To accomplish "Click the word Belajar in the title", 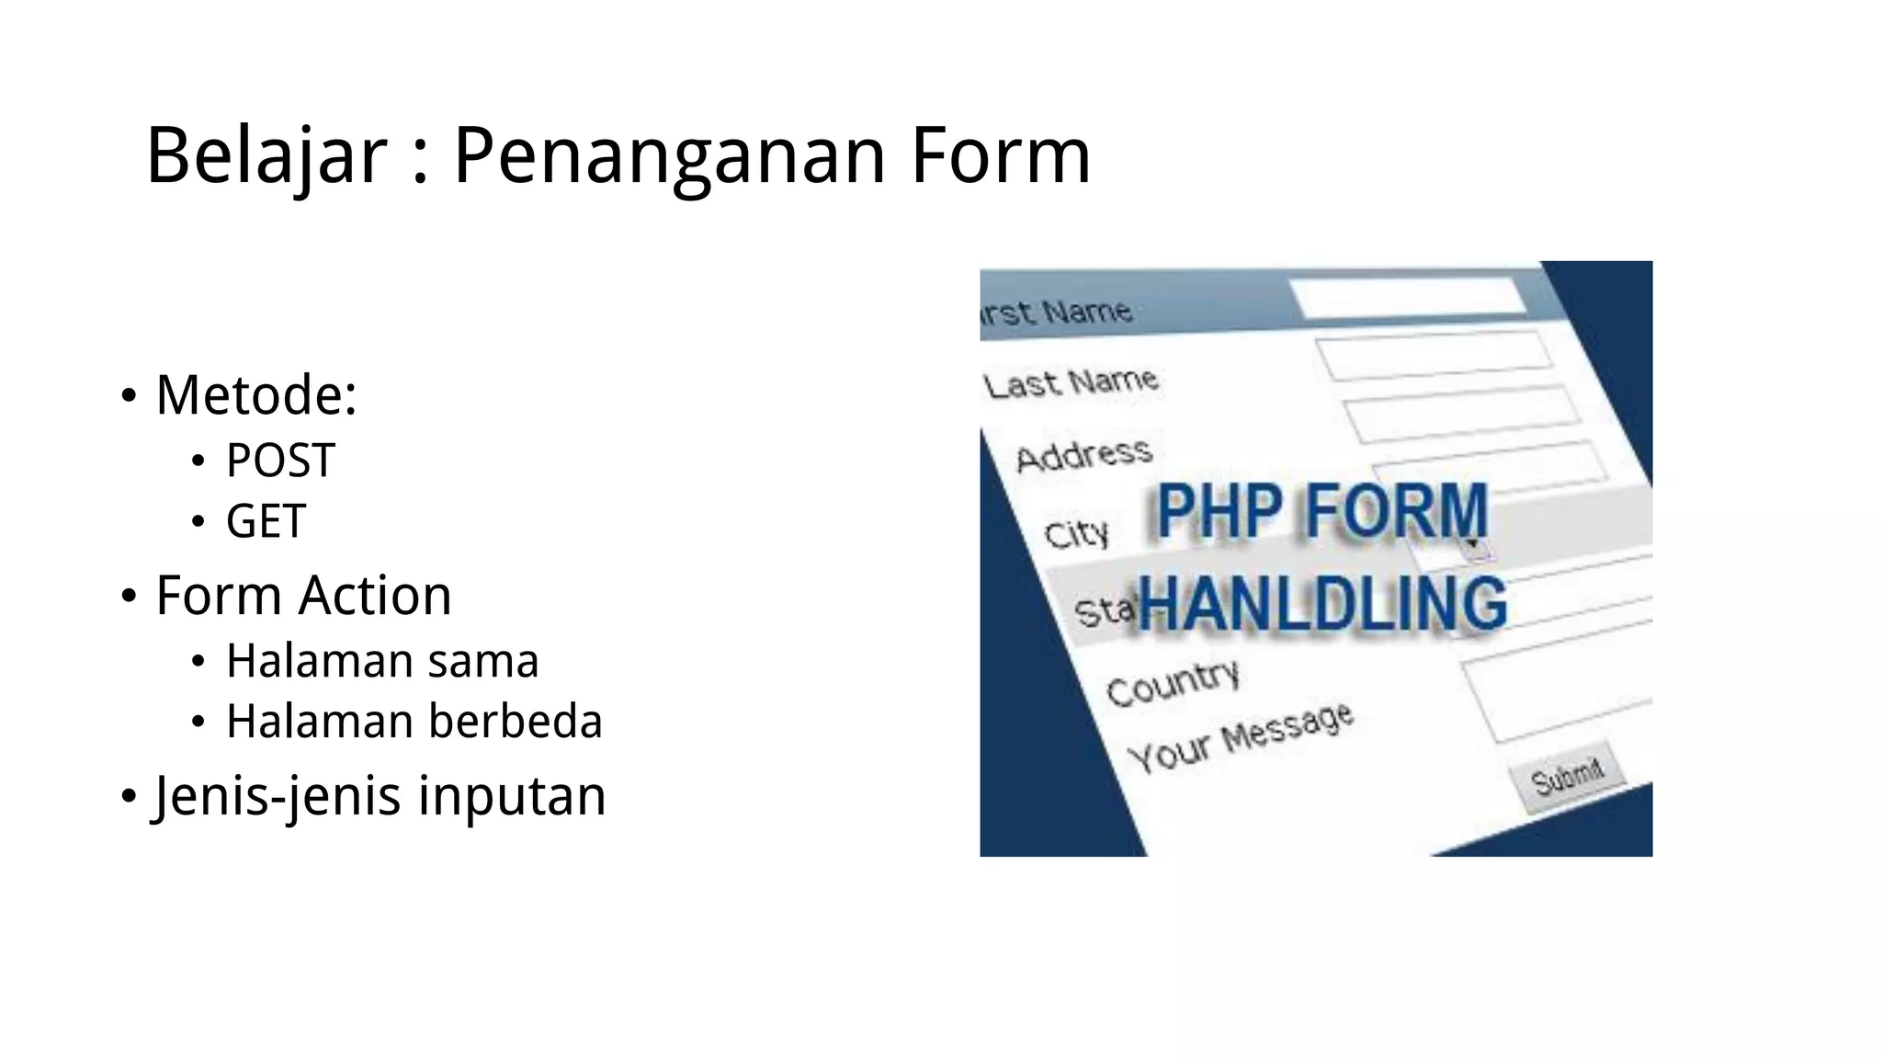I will [266, 156].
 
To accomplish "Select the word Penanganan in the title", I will [669, 156].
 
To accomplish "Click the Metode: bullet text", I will [255, 395].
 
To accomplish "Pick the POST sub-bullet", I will [280, 460].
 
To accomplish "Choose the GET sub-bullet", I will [266, 521].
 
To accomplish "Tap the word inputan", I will [512, 795].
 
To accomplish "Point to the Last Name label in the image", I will [1071, 381].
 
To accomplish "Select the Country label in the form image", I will [1173, 683].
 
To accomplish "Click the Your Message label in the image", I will [1240, 736].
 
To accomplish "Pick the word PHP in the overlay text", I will [1219, 511].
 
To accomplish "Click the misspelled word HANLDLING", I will [1323, 604].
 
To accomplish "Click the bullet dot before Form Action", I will [129, 596].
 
